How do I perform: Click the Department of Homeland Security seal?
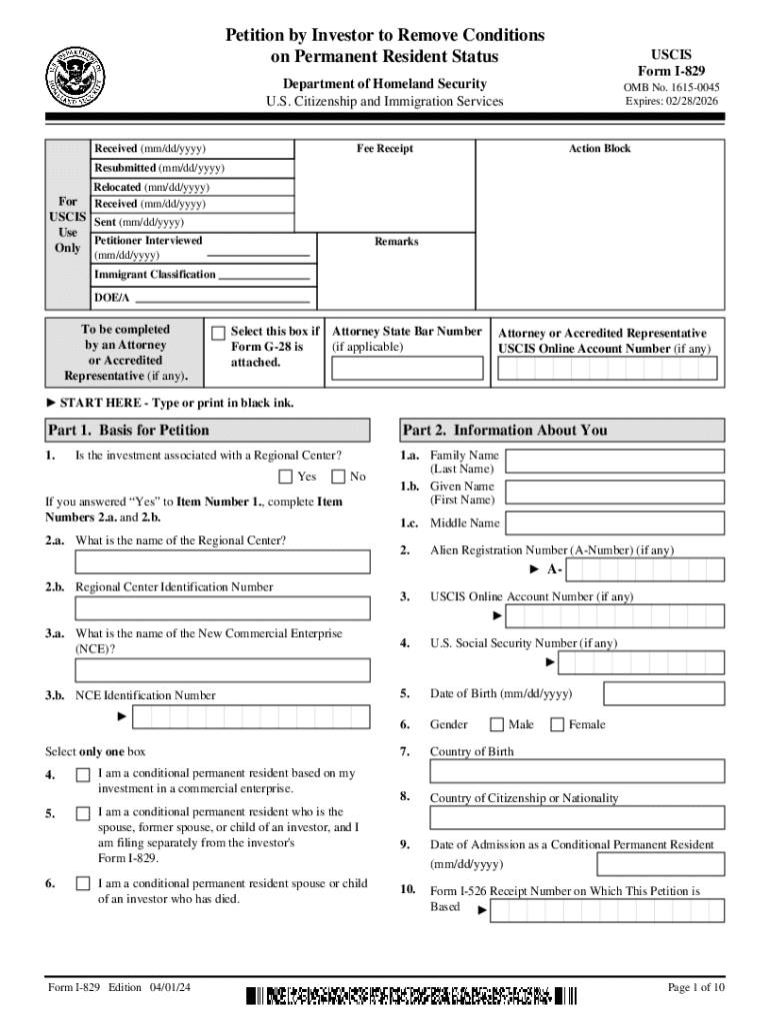pyautogui.click(x=76, y=76)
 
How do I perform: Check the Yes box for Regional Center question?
pyautogui.click(x=286, y=477)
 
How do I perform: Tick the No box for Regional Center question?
pyautogui.click(x=338, y=477)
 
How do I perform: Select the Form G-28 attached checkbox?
pyautogui.click(x=218, y=333)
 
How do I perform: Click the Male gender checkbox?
pyautogui.click(x=497, y=724)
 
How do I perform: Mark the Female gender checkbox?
pyautogui.click(x=557, y=724)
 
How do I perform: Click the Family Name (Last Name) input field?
pyautogui.click(x=615, y=461)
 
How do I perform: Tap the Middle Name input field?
pyautogui.click(x=615, y=522)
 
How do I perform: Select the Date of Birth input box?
pyautogui.click(x=665, y=693)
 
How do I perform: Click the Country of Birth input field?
pyautogui.click(x=577, y=771)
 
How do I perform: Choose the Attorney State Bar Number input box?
pyautogui.click(x=406, y=369)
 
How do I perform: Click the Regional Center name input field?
pyautogui.click(x=208, y=561)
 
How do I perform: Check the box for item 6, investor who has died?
pyautogui.click(x=83, y=884)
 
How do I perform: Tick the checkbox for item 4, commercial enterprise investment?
pyautogui.click(x=83, y=775)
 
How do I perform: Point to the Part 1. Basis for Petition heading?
pyautogui.click(x=129, y=431)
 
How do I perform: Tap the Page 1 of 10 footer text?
pyautogui.click(x=696, y=988)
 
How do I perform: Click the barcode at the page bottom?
pyautogui.click(x=411, y=996)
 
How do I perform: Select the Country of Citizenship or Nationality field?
pyautogui.click(x=577, y=818)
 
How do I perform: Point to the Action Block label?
pyautogui.click(x=600, y=149)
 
